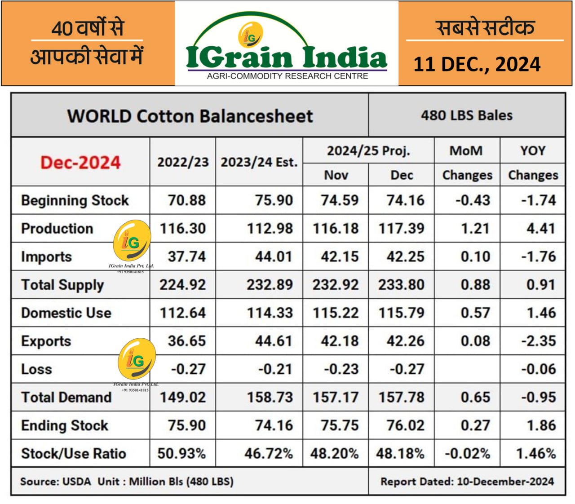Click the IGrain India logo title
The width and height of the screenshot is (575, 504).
tap(286, 57)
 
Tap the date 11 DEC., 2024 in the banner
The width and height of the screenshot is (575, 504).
tap(477, 64)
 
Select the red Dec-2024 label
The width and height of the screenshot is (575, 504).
tap(80, 162)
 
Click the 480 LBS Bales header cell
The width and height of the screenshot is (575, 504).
tap(466, 115)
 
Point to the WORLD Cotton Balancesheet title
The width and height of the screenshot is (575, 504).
tap(190, 116)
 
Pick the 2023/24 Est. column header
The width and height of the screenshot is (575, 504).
tap(259, 162)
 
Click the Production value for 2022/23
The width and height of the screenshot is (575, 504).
tap(182, 228)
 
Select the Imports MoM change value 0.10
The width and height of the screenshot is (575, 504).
tap(475, 256)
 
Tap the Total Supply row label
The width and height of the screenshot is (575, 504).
tap(62, 285)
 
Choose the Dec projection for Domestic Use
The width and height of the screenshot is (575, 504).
tap(401, 313)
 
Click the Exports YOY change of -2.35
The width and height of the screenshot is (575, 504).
tap(538, 341)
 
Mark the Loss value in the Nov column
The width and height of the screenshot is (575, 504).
tap(341, 369)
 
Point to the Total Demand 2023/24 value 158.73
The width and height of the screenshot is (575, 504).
tap(270, 397)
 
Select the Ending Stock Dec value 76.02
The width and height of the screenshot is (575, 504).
tap(405, 425)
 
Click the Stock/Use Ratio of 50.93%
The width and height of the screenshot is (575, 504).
tap(181, 453)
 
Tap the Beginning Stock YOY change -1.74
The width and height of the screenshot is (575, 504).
tap(538, 200)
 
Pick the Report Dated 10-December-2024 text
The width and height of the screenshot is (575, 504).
tap(467, 482)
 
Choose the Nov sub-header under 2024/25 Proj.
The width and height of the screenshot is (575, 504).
tap(336, 175)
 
